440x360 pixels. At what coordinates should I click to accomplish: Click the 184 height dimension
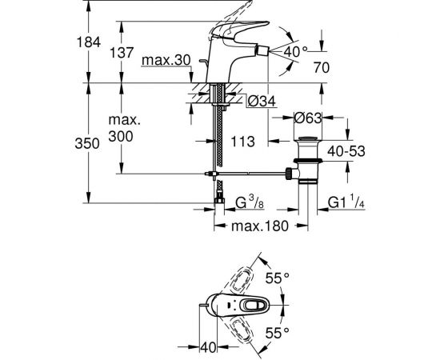coord(89,42)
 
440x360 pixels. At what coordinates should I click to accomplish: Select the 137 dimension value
coord(122,53)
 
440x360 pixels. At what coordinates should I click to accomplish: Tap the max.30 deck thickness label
coord(166,60)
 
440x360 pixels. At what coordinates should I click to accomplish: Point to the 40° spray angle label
coord(295,52)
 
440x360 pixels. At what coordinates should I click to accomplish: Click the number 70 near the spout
coord(322,68)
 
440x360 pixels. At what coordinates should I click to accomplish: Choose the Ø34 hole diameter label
coord(262,101)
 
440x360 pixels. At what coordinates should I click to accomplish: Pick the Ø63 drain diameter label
coord(308,118)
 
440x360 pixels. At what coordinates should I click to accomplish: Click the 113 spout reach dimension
coord(242,142)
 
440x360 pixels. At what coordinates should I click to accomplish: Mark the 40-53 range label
coord(346,151)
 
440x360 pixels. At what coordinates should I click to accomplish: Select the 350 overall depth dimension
coord(87,144)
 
